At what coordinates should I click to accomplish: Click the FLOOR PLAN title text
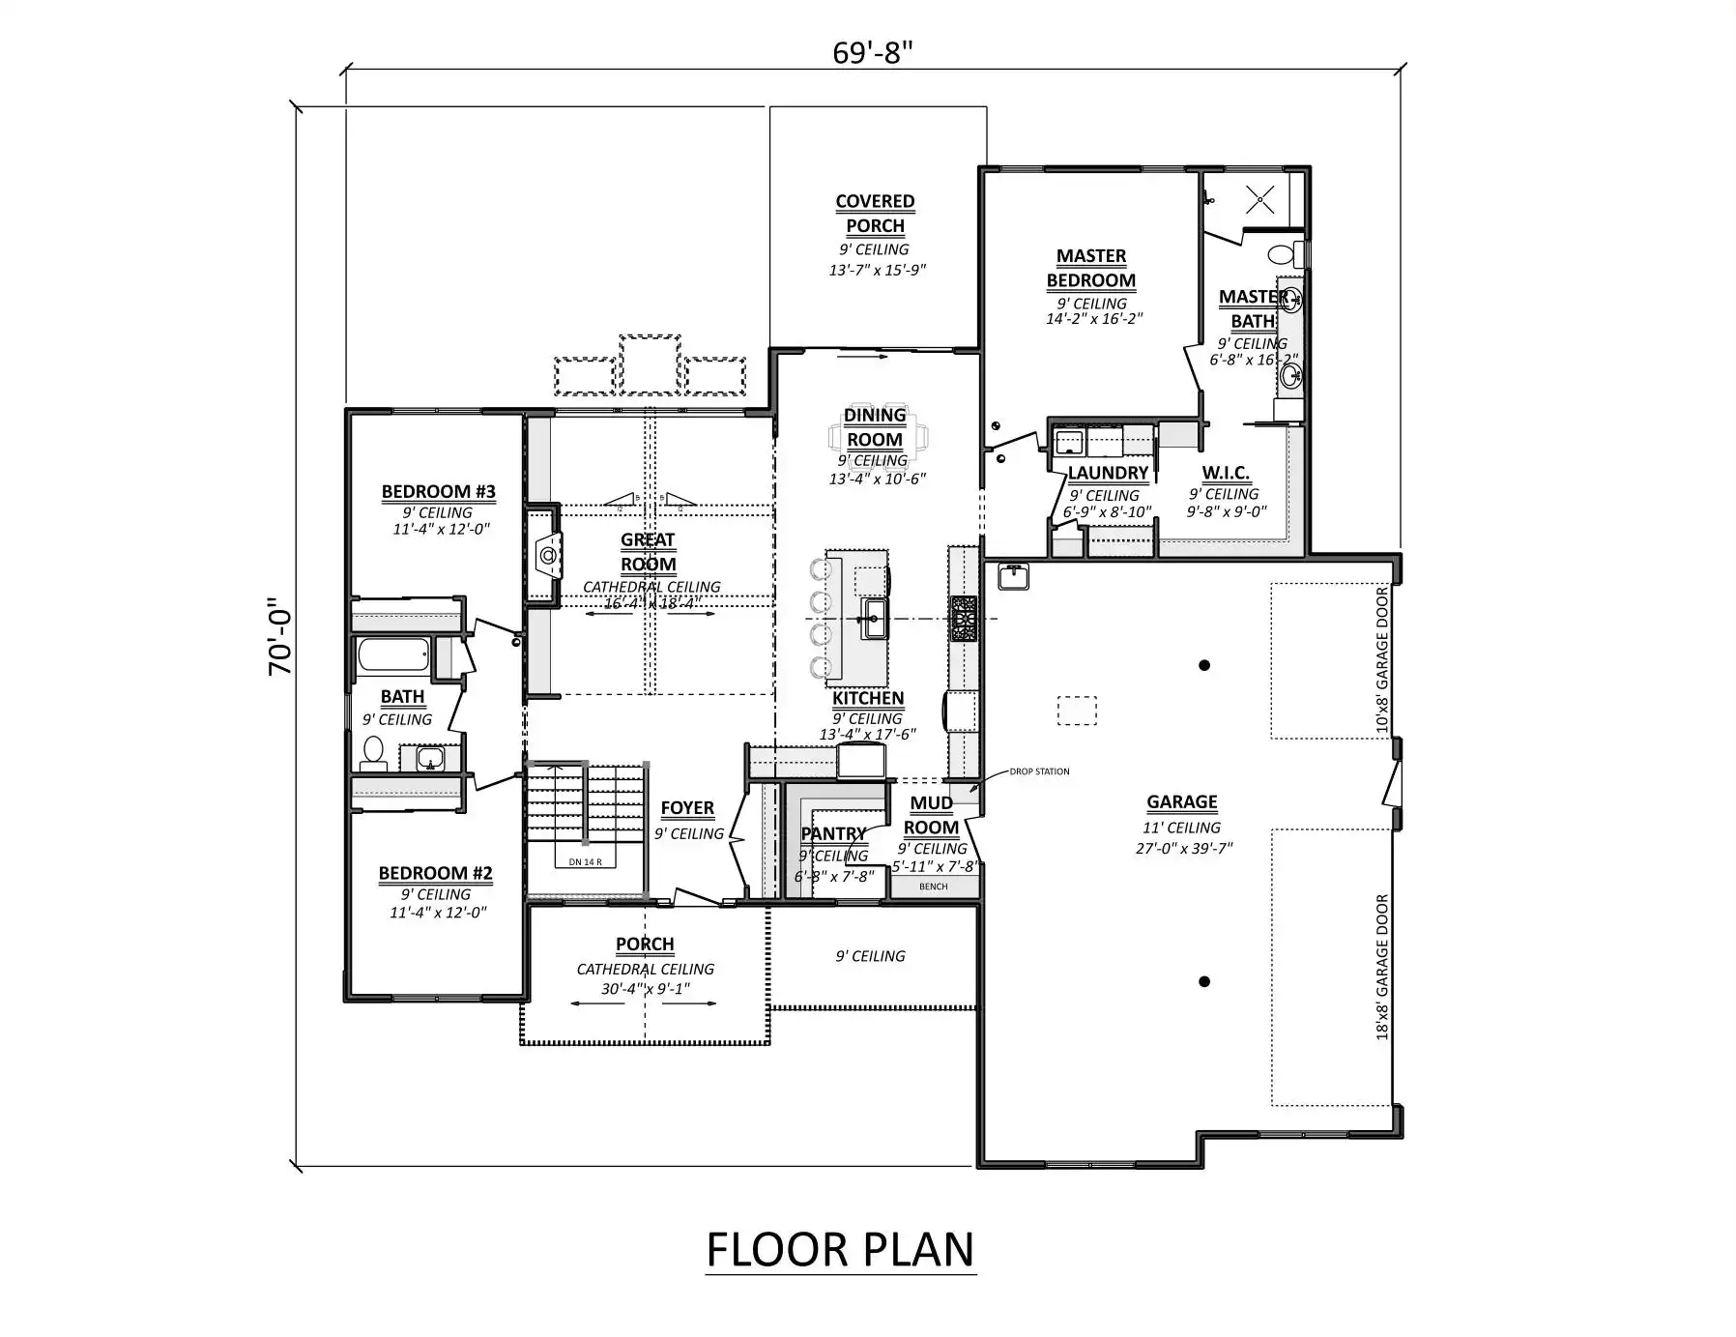[839, 1249]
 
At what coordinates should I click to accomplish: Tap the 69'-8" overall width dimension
[872, 52]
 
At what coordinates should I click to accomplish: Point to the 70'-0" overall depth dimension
[279, 635]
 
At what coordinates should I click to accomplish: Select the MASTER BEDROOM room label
[1090, 268]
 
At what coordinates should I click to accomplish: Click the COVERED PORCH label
[875, 214]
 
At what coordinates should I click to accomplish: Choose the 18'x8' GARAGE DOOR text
[1382, 967]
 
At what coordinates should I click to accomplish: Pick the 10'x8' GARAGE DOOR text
[1382, 659]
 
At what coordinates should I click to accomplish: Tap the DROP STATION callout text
[1039, 771]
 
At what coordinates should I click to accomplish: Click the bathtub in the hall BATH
[392, 655]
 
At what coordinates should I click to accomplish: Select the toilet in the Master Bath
[1283, 255]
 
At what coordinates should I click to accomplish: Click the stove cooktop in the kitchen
[964, 619]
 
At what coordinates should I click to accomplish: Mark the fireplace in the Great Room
[547, 556]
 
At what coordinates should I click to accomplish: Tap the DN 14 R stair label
[585, 861]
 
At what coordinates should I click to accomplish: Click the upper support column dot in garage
[1204, 665]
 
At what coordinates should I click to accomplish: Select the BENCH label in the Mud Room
[933, 886]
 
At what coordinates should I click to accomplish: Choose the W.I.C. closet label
[1226, 473]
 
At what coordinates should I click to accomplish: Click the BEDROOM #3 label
[438, 491]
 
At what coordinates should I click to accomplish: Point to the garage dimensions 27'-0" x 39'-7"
[1183, 849]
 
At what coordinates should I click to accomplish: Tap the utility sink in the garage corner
[1013, 577]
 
